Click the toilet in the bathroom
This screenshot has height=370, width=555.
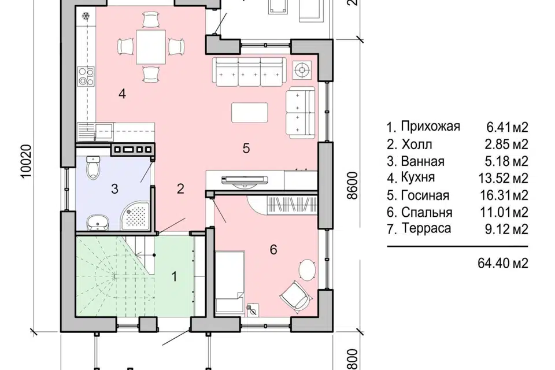click(91, 168)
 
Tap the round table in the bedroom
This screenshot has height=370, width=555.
click(307, 270)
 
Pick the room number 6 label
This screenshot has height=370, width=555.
click(273, 250)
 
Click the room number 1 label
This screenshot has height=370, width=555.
click(173, 276)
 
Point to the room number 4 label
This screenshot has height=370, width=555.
click(122, 94)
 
